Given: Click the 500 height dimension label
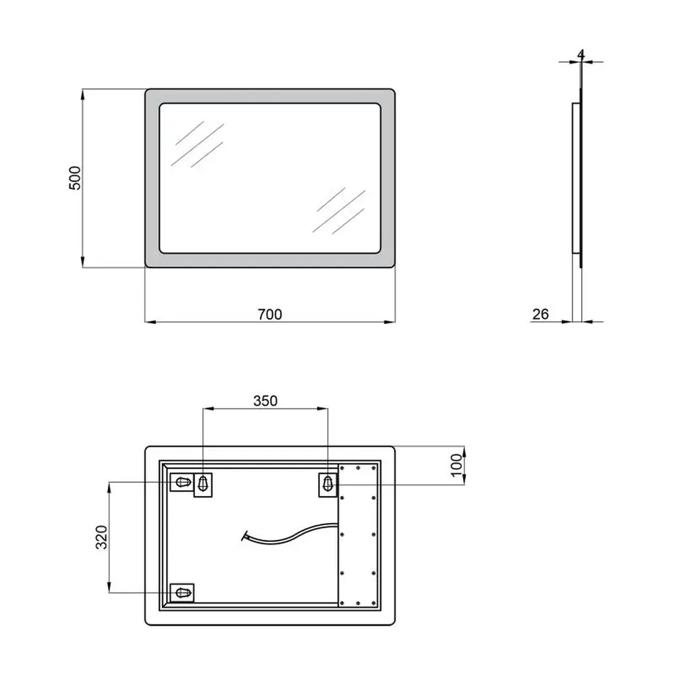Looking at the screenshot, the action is (75, 178).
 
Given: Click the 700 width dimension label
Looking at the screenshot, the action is (270, 315).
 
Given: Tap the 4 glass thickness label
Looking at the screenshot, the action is (581, 55).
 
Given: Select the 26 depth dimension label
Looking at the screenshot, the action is (541, 314).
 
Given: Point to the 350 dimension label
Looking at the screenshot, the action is (265, 401).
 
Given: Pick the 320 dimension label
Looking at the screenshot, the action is (101, 537).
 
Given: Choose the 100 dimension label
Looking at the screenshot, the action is (456, 465).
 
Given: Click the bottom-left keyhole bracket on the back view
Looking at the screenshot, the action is (182, 593).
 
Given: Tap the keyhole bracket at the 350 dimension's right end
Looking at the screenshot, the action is (328, 484).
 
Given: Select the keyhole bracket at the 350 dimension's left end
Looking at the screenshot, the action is (202, 485).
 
